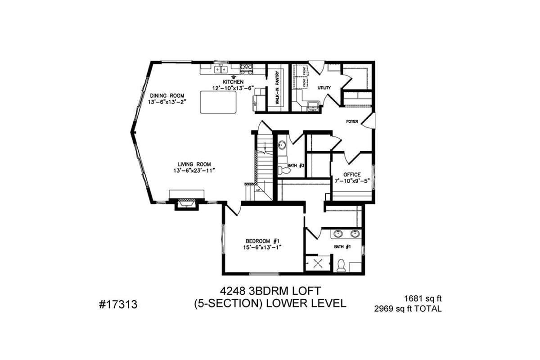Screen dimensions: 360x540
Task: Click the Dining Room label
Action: coord(167,95)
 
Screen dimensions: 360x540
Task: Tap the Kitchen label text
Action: coord(233,82)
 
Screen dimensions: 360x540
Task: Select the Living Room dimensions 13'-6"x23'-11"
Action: coord(194,170)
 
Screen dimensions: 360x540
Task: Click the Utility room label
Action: coord(324,88)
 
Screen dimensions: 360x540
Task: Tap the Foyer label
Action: coord(352,121)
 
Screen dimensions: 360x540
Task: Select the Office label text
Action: coord(352,175)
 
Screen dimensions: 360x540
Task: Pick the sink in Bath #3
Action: coord(282,145)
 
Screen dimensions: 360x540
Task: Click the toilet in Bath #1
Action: coord(341,265)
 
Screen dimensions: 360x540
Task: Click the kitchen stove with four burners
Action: coord(247,69)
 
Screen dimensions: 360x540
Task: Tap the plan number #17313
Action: coord(117,305)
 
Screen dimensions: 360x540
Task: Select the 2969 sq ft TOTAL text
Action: coord(408,309)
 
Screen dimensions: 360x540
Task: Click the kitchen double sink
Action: coord(220,69)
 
